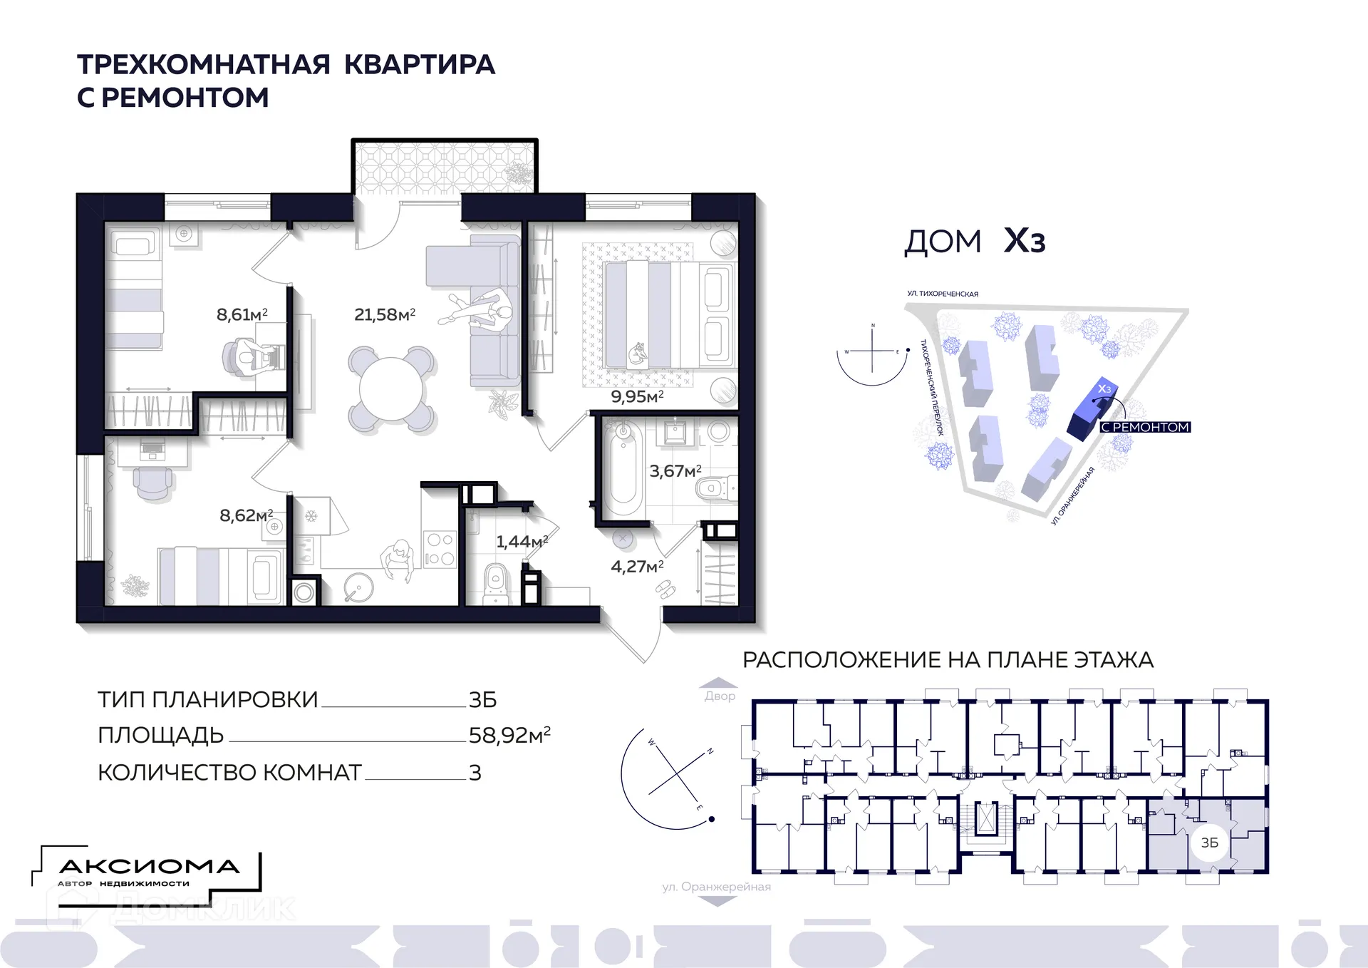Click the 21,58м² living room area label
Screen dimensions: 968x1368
(384, 314)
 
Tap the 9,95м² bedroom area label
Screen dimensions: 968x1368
(637, 396)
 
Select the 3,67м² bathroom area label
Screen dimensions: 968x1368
(675, 471)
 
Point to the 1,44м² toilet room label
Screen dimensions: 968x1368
(522, 542)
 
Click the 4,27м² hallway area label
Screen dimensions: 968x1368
(637, 567)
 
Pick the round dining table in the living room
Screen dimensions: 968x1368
(391, 389)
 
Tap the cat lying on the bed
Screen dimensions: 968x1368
(636, 353)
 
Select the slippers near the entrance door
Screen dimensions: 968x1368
(665, 589)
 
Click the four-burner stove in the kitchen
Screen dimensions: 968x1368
(439, 549)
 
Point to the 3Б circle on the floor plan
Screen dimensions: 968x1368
(1210, 843)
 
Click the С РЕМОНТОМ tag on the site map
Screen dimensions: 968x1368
(1145, 427)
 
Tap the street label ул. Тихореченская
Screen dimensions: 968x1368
(942, 294)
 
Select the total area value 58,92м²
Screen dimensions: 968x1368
(509, 735)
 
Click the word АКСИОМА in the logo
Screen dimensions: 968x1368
(149, 867)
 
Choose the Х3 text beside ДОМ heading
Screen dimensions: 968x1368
(1024, 242)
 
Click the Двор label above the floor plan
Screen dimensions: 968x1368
(720, 696)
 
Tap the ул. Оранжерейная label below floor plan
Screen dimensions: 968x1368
(716, 887)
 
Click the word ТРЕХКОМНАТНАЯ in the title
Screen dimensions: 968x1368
(204, 64)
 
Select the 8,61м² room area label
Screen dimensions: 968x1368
(242, 314)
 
